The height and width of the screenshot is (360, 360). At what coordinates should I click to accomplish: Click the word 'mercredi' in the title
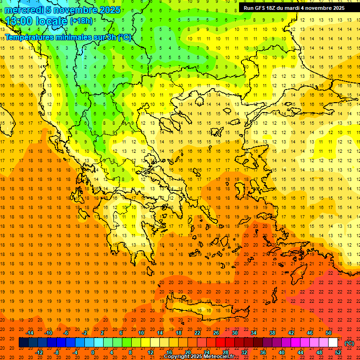tap(24, 10)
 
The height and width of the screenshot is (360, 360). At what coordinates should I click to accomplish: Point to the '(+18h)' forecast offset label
tap(81, 21)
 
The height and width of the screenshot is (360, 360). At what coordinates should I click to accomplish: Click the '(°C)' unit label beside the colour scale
tap(349, 343)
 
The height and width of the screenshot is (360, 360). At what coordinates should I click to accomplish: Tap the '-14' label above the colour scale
tap(30, 333)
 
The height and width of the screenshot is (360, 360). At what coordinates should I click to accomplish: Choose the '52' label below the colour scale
tap(338, 352)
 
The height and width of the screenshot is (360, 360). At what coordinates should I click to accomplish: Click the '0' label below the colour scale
tap(93, 352)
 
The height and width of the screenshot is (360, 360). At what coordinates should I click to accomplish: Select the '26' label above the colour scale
tap(216, 333)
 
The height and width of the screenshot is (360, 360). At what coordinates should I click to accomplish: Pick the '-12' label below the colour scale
tap(39, 352)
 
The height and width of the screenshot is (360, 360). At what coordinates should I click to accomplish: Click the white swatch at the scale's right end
tap(333, 343)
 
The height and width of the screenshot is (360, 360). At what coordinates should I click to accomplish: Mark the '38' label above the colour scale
tap(272, 333)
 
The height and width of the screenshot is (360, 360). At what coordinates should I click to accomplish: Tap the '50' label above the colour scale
tap(328, 333)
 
